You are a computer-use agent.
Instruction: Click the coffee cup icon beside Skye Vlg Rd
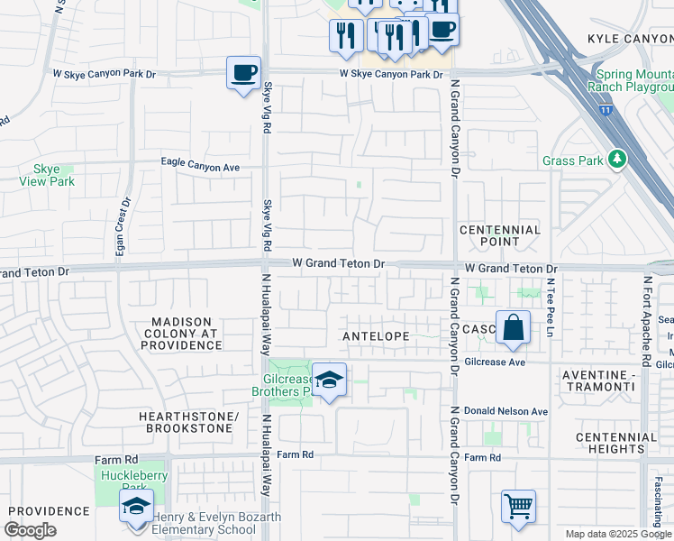(241, 72)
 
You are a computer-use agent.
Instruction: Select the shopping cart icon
(518, 507)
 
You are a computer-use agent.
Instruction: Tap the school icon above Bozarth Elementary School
(136, 506)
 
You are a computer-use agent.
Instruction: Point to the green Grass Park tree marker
(616, 160)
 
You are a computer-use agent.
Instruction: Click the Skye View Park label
(46, 175)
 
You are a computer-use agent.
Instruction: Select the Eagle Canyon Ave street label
(200, 166)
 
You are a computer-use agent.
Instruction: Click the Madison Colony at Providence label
(181, 333)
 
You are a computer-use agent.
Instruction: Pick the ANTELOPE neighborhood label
(376, 335)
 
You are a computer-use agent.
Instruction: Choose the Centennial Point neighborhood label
(500, 235)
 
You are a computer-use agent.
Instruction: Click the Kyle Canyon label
(629, 39)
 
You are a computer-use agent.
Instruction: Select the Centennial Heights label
(616, 443)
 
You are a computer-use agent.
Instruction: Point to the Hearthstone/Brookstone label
(187, 422)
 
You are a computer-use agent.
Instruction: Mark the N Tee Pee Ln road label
(549, 307)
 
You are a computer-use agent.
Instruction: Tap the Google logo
(31, 530)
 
